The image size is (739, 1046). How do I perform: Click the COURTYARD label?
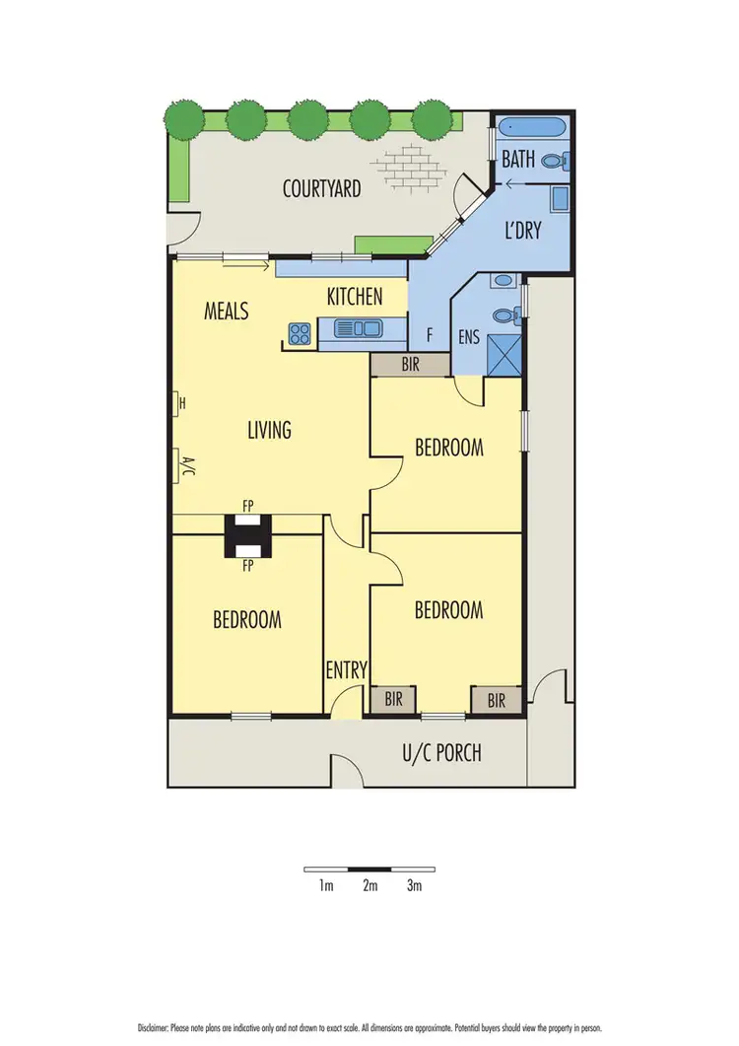pyautogui.click(x=322, y=188)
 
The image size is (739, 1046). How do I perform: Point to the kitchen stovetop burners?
pyautogui.click(x=301, y=332)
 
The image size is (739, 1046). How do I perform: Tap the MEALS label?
pyautogui.click(x=227, y=312)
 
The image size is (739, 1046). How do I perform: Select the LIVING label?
pyautogui.click(x=269, y=430)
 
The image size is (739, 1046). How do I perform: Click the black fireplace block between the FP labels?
pyautogui.click(x=245, y=537)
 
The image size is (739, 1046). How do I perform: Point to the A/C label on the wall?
pyautogui.click(x=182, y=464)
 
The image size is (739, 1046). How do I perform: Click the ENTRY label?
pyautogui.click(x=346, y=671)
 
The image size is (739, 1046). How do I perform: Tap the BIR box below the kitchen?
pyautogui.click(x=409, y=364)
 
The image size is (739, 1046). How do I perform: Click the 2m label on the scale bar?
pyautogui.click(x=369, y=886)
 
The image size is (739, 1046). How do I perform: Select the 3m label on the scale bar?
pyautogui.click(x=414, y=886)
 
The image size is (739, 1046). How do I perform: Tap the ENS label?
pyautogui.click(x=468, y=337)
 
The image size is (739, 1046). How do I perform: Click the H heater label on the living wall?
pyautogui.click(x=182, y=403)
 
